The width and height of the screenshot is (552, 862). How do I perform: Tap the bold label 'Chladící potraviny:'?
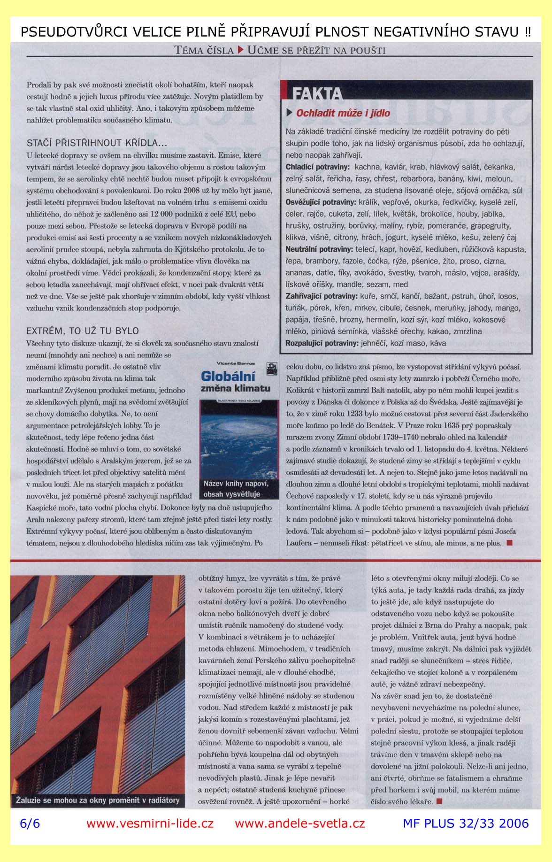point(317,167)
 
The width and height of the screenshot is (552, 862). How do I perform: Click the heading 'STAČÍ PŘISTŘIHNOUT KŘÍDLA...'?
point(97,143)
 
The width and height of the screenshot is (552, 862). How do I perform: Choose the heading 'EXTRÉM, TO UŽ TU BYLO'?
point(83,331)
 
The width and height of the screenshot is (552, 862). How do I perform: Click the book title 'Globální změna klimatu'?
point(235,381)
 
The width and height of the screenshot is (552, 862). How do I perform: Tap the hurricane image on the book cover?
point(239,441)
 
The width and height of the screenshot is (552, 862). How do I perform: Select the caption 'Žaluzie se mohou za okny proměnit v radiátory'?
point(98,800)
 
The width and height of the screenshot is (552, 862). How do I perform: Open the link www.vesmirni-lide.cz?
point(150,824)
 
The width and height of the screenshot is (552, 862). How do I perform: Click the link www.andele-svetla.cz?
point(299,824)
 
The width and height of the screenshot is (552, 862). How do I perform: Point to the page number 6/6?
point(30,824)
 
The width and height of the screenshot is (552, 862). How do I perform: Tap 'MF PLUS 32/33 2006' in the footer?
point(466,824)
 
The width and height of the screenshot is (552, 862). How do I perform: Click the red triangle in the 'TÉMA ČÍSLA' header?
point(240,50)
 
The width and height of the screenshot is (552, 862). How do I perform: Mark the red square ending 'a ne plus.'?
point(509,543)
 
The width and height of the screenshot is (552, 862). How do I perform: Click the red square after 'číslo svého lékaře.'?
point(439,801)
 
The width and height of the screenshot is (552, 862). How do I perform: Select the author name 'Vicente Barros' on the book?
point(236,363)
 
